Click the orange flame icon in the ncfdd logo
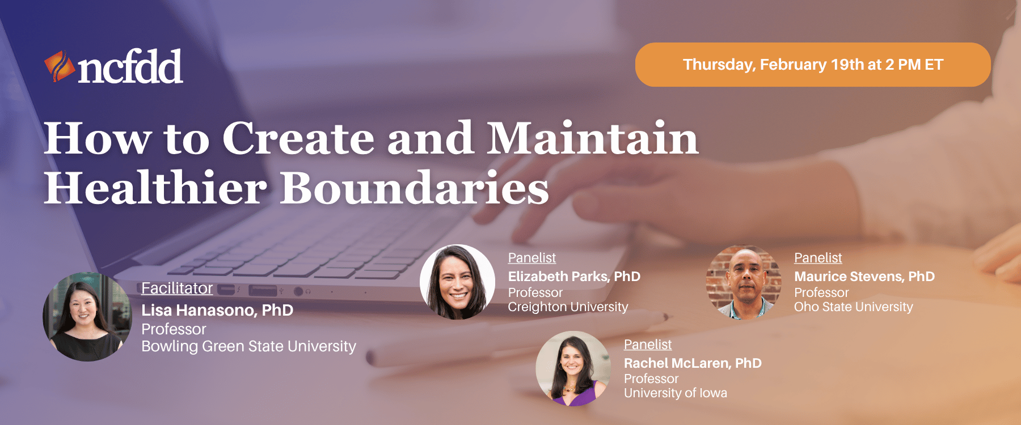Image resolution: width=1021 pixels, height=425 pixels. [59, 67]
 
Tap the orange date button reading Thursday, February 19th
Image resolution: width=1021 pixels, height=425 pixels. [812, 65]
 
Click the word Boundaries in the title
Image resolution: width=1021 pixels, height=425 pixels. [415, 188]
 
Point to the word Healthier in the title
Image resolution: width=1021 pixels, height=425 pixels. [155, 188]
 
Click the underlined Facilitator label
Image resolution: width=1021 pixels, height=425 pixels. [177, 288]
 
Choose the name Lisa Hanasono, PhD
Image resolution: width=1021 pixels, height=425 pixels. [217, 310]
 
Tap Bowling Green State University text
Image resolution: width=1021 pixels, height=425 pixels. [248, 346]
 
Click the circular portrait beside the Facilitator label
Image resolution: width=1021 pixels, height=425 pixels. [87, 317]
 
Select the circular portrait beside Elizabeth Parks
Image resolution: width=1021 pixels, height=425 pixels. [457, 282]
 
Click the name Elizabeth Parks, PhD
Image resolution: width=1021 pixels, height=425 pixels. [574, 277]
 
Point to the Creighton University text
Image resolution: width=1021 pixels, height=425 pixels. [568, 307]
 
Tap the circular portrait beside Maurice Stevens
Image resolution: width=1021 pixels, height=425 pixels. [743, 282]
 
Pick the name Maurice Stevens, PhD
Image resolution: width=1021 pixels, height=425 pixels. [864, 277]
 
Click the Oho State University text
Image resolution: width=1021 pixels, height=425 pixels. [853, 307]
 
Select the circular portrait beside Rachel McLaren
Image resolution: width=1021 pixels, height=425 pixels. [573, 368]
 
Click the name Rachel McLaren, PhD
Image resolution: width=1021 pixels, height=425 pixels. [693, 363]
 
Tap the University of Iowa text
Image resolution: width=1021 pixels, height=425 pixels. [675, 393]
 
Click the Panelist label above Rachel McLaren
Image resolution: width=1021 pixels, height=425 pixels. [647, 345]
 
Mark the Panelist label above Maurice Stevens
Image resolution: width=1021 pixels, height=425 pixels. [818, 258]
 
